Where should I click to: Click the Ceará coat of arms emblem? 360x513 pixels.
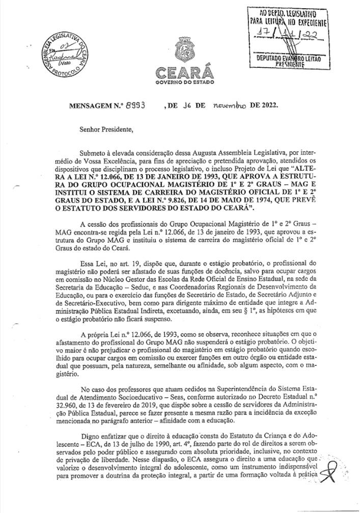point(184,49)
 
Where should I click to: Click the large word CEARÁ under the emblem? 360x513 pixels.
point(184,71)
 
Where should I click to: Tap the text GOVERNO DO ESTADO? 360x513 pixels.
point(184,82)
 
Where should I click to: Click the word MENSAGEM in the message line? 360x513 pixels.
point(93,106)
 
